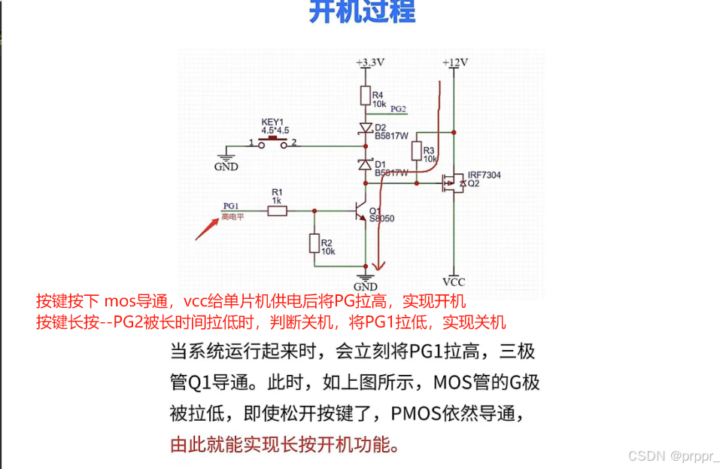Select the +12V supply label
[454, 62]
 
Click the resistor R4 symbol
[366, 96]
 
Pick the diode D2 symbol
[366, 128]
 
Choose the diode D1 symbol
[366, 163]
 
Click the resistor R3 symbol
[418, 152]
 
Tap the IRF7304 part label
[484, 175]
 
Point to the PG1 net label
[230, 206]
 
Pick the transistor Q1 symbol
[362, 212]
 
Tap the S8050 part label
[381, 219]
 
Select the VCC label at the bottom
[454, 282]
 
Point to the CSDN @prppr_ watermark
[673, 455]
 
